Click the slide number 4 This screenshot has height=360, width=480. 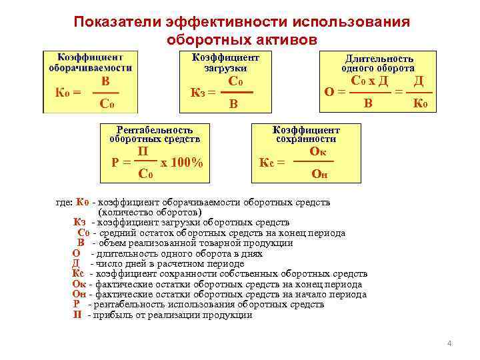tap(449, 343)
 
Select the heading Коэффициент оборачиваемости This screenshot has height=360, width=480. tap(89, 63)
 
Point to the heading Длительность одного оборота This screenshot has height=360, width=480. tap(378, 63)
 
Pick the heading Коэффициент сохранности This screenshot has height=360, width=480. tap(307, 135)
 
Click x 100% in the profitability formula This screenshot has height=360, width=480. tap(182, 163)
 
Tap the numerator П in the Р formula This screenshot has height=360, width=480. tap(142, 152)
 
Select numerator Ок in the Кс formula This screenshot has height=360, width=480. tap(318, 151)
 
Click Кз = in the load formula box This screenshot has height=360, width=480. tap(201, 93)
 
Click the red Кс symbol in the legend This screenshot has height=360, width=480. tap(77, 273)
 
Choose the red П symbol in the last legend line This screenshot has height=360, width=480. tap(77, 315)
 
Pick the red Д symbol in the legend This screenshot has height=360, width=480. tap(76, 263)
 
